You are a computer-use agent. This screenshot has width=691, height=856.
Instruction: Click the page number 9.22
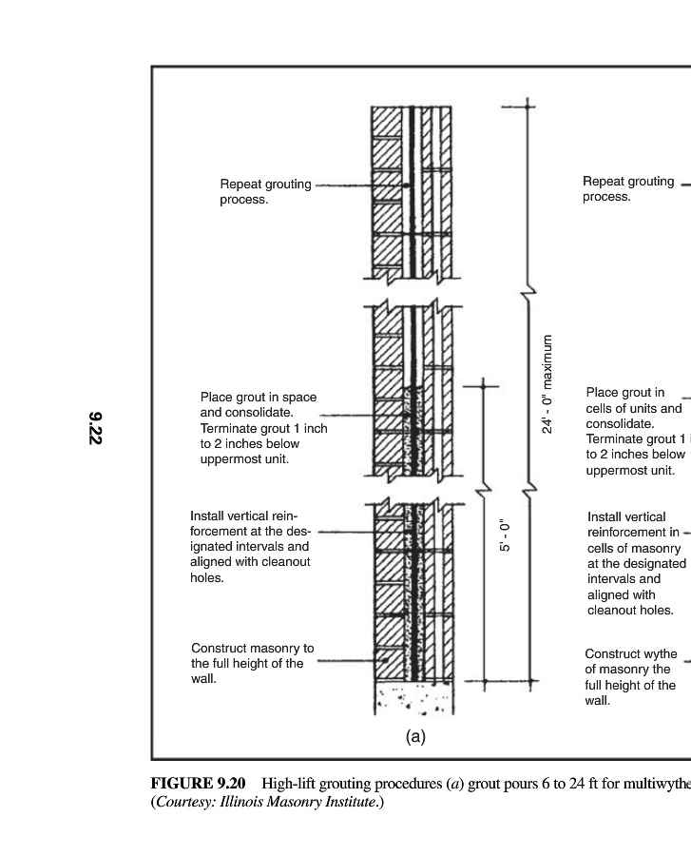tap(95, 428)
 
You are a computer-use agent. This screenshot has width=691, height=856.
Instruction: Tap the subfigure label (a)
tap(415, 737)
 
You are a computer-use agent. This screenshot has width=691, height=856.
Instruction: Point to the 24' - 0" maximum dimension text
tap(547, 384)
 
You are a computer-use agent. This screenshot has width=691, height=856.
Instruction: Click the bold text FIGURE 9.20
tap(198, 784)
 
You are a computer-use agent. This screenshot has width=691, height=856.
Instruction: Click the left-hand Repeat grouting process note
tap(265, 191)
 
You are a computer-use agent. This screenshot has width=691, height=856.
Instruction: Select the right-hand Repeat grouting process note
tap(628, 189)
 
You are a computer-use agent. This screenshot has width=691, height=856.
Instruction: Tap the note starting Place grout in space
tap(263, 428)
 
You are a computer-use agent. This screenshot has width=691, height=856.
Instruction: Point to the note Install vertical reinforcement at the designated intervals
tap(250, 547)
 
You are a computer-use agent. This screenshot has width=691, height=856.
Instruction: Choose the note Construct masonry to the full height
tap(252, 663)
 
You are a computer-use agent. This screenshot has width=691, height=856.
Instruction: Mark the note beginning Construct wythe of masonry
tap(630, 677)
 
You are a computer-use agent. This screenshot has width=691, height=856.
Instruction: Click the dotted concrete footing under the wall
tap(414, 698)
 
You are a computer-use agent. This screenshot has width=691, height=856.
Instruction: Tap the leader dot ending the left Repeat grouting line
tap(406, 185)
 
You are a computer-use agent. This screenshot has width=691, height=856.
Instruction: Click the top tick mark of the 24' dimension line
tap(527, 107)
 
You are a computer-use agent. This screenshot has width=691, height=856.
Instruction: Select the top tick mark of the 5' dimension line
tap(482, 386)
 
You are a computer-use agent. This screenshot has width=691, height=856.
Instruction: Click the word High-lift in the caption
tap(288, 784)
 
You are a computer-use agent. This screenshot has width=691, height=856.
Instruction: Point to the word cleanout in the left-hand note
tap(286, 562)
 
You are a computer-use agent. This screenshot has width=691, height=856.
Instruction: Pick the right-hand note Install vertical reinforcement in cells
tap(637, 563)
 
